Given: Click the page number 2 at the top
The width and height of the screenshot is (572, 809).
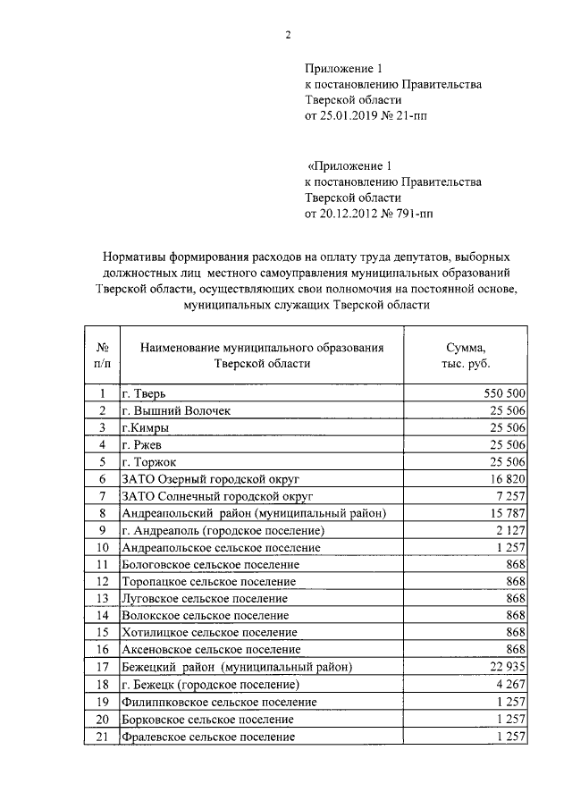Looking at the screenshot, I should [x=288, y=35].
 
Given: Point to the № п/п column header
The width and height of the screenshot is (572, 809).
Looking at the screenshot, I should [x=102, y=355].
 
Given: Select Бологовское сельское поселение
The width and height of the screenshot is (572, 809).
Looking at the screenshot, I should [x=210, y=564].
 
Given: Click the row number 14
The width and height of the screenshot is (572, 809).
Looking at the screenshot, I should [x=102, y=615].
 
